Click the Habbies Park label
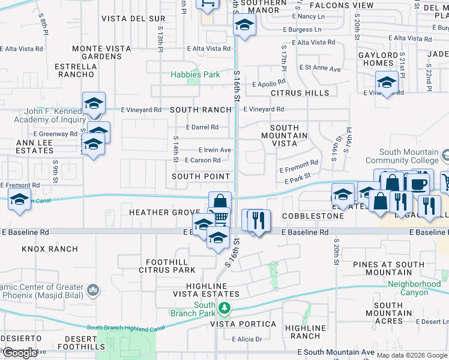coord(195,74)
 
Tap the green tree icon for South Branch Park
coord(224,308)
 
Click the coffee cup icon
coord(418,183)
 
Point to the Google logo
coord(20,353)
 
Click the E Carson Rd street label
coord(202,160)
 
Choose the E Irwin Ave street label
coord(214,150)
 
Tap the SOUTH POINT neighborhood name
coord(201,176)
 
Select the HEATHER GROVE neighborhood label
coord(163,213)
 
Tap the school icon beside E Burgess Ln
coord(244,25)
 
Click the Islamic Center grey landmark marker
coord(92,291)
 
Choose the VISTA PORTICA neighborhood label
coord(243,324)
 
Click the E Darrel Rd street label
coord(202,127)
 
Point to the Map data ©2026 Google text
coord(412,355)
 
